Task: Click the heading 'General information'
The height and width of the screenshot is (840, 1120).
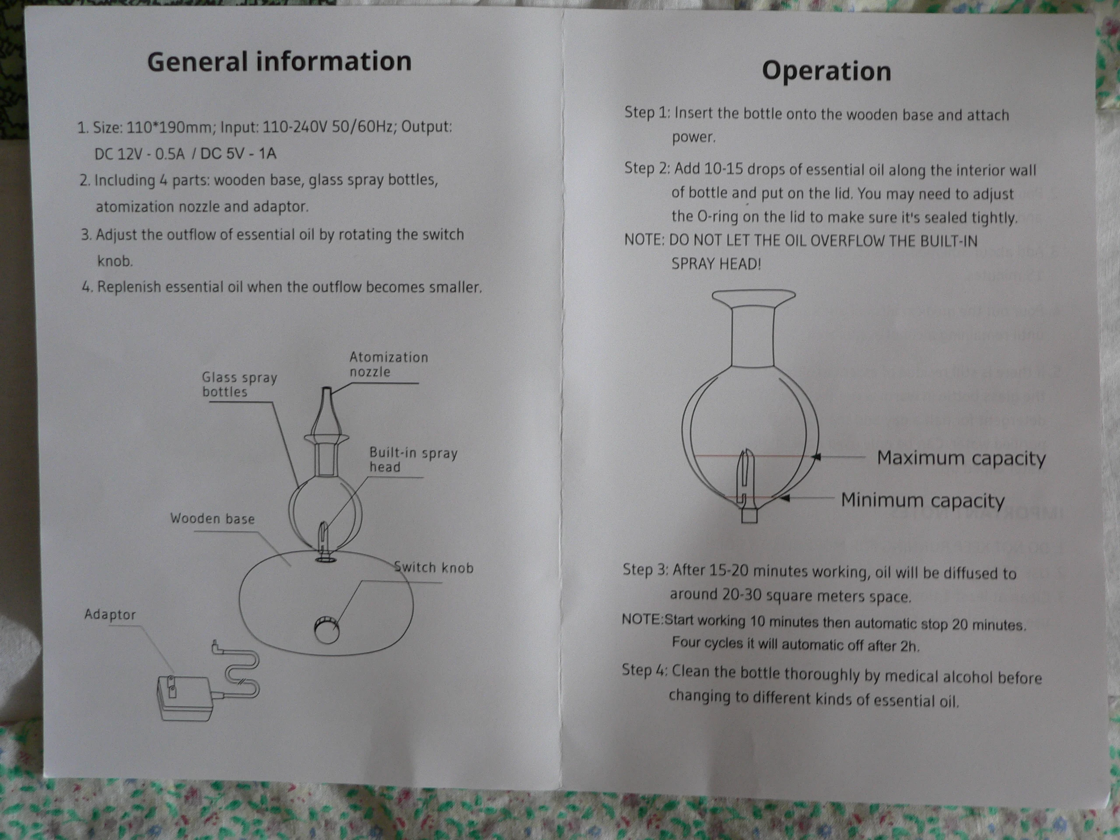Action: tap(279, 62)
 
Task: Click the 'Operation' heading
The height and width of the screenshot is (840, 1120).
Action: tap(826, 71)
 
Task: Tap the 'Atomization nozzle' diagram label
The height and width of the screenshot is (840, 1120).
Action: tap(388, 364)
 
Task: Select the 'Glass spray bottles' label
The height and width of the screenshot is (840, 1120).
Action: tap(239, 384)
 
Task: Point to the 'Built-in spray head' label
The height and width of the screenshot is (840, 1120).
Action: tap(413, 460)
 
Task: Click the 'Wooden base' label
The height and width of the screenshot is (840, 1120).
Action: tap(212, 518)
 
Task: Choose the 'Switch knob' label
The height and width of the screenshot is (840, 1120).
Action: tap(434, 567)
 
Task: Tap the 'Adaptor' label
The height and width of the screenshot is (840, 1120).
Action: tap(110, 615)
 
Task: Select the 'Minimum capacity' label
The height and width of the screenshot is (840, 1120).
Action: tap(923, 500)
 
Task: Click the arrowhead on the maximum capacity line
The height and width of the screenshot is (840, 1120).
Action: tap(816, 457)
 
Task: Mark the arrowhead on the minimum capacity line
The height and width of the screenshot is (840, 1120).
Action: tap(785, 499)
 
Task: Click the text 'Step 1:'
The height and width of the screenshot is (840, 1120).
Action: tap(647, 112)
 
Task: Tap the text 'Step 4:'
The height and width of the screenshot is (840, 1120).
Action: tap(644, 670)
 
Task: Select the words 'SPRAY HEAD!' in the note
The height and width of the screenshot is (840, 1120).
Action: tap(716, 264)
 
